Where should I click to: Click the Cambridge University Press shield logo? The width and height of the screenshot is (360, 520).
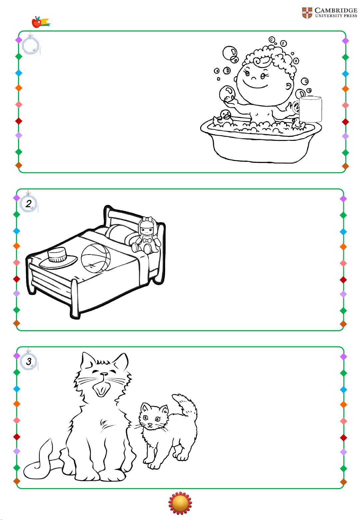pos(307,13)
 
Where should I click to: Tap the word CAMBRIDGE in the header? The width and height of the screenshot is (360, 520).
pos(336,10)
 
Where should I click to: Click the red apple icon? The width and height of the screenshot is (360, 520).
pos(36,22)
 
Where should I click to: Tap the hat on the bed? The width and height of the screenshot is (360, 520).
pos(58,258)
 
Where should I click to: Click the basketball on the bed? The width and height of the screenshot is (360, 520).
pos(96,258)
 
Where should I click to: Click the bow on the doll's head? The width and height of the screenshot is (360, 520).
pos(148,219)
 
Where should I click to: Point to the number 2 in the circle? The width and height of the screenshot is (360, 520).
pos(29,204)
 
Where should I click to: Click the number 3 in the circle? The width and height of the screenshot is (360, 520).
pos(29,361)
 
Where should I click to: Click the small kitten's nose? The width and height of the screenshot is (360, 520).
pos(150,425)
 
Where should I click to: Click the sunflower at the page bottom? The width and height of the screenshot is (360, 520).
pos(180,503)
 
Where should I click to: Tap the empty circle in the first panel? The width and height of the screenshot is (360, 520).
pos(30,46)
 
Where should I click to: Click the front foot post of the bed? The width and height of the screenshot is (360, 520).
pos(75,299)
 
